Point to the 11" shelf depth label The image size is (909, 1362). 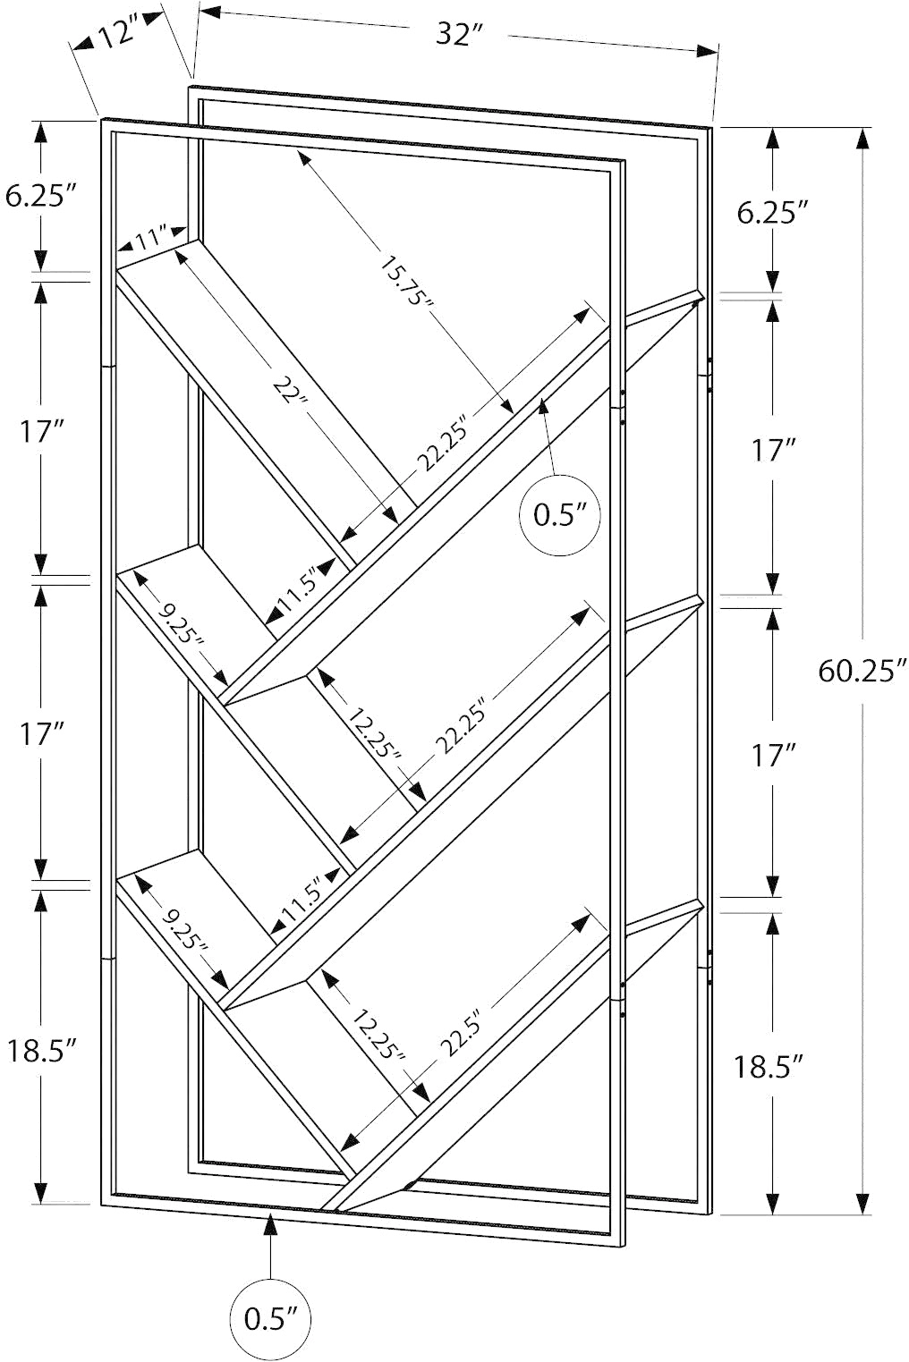tap(150, 238)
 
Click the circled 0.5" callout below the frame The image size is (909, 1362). tap(271, 1316)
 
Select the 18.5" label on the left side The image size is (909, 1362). tap(41, 1051)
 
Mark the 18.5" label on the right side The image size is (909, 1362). tap(769, 1067)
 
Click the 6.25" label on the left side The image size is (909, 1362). tap(41, 196)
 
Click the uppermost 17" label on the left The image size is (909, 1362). tap(41, 433)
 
